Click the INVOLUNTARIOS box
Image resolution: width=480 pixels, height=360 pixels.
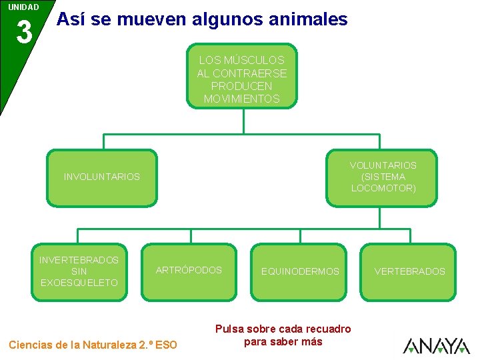point(102,177)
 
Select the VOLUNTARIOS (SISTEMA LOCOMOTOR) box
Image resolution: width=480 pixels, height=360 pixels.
point(382,177)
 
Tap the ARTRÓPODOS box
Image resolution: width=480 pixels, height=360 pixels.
point(189,271)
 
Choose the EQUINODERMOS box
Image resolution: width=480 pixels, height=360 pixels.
point(300,271)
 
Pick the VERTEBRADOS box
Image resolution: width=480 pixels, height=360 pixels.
point(409,271)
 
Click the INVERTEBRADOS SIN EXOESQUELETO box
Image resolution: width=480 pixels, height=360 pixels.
point(79,271)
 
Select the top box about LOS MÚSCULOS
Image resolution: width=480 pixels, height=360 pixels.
point(241,77)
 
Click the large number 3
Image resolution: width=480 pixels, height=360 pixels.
point(24,33)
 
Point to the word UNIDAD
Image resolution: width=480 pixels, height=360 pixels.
point(23,7)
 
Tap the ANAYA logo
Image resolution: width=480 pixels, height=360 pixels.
point(437,345)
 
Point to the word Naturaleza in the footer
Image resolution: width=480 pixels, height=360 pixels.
point(108,345)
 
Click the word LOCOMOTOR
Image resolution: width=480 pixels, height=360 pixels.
point(383,188)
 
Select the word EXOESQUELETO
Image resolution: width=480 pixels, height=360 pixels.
point(79,283)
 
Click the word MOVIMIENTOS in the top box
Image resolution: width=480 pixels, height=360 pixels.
point(241,99)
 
